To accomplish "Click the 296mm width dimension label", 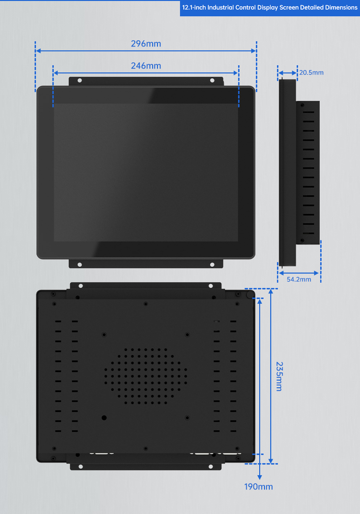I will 146,44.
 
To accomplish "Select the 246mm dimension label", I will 146,66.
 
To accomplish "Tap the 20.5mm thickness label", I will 312,73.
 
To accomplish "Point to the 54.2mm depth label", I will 299,279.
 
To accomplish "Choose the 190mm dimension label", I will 258,487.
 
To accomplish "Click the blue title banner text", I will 270,8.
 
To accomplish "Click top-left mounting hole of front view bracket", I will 80,81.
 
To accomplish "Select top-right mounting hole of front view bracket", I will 212,81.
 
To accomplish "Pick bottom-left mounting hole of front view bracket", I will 80,264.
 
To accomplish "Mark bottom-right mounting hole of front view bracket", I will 212,264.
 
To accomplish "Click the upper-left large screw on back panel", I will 104,335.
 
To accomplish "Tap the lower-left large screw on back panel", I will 104,418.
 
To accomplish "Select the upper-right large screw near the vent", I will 187,335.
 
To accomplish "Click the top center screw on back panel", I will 145,303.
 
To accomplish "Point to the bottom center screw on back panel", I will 145,449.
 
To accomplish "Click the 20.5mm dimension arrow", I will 288,73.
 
